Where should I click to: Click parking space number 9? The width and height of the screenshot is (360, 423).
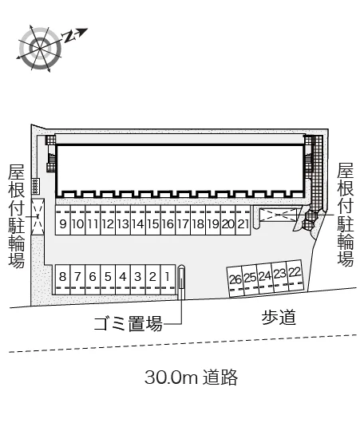coord(63,219)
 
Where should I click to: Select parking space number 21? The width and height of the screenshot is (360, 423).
coord(243,219)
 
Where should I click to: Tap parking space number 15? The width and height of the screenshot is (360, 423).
coord(153,219)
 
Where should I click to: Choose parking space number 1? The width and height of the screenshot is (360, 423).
coord(168,279)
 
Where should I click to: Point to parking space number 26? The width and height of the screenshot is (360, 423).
coord(235,282)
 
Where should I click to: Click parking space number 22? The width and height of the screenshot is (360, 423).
coord(295,275)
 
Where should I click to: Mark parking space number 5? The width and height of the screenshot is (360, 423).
coord(108,279)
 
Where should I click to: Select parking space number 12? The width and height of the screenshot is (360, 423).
coord(108,219)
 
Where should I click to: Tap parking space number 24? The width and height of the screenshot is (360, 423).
coord(265,279)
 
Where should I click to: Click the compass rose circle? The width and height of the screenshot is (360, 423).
coord(40,49)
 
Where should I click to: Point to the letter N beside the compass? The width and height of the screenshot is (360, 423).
coord(69,36)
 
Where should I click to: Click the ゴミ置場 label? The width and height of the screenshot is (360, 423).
coord(129,323)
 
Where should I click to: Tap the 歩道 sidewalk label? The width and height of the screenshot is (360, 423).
coord(279,318)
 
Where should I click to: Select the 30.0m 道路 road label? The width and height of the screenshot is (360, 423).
coord(191,378)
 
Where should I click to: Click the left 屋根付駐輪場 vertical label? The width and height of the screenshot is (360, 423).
coord(17,216)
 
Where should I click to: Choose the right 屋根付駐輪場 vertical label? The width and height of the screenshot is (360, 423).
coord(345,215)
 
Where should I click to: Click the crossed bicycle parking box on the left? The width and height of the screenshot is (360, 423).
coord(38,216)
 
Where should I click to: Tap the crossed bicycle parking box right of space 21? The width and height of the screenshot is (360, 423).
coord(279,215)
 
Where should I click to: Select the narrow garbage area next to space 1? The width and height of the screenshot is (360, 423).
coord(182,283)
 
